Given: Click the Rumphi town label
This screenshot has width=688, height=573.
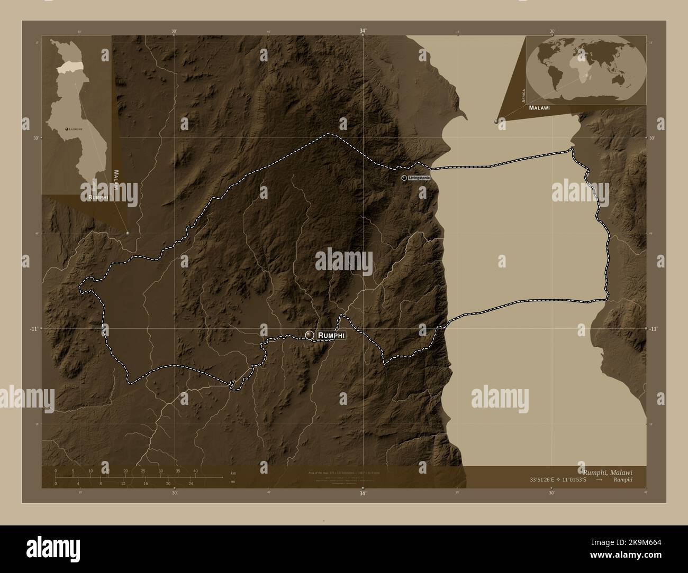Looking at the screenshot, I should point(331,335).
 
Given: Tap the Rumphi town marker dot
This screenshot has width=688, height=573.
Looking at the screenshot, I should point(310,335).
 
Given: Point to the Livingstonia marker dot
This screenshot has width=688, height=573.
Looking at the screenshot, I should point(405,179).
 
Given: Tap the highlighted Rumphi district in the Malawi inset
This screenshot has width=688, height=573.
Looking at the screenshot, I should point(69,67).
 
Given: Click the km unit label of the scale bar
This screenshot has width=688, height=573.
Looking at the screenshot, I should point(233,473).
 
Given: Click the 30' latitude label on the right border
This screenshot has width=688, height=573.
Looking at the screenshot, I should point(652,138).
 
